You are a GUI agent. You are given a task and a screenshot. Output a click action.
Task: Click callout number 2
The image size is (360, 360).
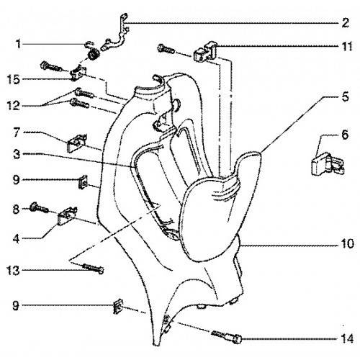tap(345, 23)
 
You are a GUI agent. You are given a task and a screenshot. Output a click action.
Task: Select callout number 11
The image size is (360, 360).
tap(346, 46)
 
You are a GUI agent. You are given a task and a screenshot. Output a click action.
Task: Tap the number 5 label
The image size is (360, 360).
tap(345, 97)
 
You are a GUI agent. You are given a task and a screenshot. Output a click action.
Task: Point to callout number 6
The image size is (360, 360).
tap(345, 135)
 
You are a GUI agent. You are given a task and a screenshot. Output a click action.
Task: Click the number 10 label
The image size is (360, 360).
tap(346, 244)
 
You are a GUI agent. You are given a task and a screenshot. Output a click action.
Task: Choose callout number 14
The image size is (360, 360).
tap(346, 339)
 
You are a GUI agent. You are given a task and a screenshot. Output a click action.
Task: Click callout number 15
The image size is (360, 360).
tap(14, 79)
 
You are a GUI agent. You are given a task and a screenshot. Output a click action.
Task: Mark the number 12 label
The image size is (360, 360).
tap(14, 106)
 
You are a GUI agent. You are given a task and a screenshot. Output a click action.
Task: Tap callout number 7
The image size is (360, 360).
tap(17, 132)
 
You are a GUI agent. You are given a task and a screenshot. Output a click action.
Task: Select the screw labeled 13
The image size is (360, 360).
tap(93, 269)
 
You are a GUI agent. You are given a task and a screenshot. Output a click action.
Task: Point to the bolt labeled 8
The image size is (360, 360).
tap(39, 208)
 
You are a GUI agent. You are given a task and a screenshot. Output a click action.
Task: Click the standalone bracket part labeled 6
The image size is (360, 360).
tap(328, 164)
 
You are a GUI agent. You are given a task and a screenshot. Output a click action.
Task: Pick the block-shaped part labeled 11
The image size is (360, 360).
tap(205, 51)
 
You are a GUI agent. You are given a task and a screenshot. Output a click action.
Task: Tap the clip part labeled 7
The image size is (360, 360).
tap(76, 143)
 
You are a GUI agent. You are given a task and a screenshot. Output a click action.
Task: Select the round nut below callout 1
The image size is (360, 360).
tap(93, 55)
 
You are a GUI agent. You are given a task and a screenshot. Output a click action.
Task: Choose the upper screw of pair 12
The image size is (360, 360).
tap(84, 93)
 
